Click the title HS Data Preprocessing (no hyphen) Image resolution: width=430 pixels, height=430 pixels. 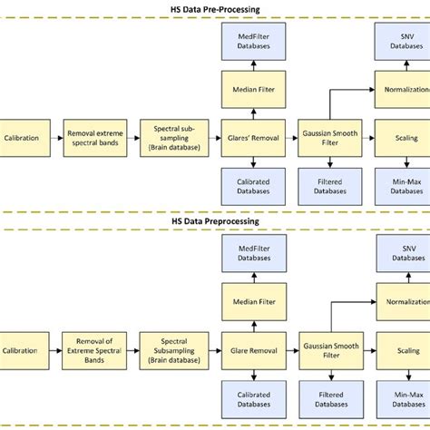(x=214, y=220)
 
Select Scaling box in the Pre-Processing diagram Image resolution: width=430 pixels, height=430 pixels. (x=405, y=138)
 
